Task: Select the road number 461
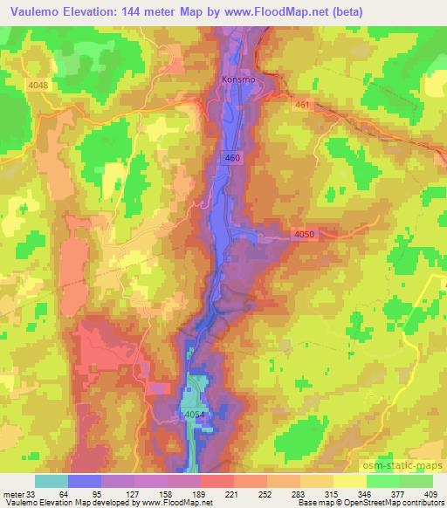pos(301,103)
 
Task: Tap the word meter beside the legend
pos(12,494)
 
